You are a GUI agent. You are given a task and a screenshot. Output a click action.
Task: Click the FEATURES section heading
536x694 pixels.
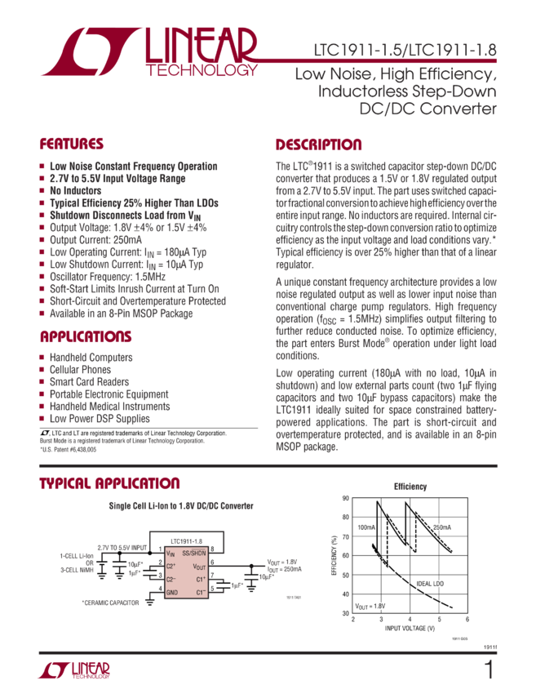pos(72,145)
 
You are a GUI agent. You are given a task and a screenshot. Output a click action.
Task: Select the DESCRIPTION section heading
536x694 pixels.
pos(317,145)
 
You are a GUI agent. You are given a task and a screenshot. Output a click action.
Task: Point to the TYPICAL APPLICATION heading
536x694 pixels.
pos(109,484)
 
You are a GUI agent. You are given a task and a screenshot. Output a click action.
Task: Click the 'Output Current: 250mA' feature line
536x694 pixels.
pos(97,239)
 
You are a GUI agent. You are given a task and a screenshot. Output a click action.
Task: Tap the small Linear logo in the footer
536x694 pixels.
pos(73,671)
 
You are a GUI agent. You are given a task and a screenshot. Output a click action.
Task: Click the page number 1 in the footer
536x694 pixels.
pos(489,671)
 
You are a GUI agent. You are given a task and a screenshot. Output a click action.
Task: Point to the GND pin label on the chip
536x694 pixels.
pos(172,592)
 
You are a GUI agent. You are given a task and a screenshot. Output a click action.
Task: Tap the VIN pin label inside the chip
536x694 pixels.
pos(171,554)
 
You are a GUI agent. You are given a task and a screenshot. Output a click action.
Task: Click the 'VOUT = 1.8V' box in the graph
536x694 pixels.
pos(370,606)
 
